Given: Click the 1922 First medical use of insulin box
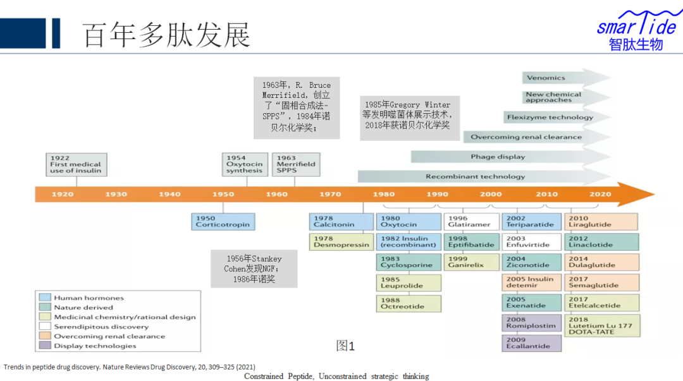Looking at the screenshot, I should click(x=76, y=164).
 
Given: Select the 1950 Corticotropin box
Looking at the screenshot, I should click(x=222, y=221).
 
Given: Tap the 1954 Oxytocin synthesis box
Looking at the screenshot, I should click(x=244, y=164).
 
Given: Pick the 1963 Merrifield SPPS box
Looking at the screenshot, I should click(x=296, y=164).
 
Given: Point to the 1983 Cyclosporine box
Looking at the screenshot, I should click(x=409, y=262).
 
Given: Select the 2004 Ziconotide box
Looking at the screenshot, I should click(x=532, y=262).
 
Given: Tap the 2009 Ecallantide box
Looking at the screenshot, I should click(x=532, y=342).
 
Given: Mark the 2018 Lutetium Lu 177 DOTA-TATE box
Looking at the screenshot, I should click(x=601, y=325).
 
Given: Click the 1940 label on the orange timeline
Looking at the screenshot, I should click(x=169, y=194).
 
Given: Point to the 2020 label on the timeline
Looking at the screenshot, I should click(x=600, y=194).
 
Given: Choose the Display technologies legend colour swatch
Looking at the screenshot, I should click(x=45, y=346).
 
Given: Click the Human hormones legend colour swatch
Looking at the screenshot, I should click(x=45, y=298).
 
